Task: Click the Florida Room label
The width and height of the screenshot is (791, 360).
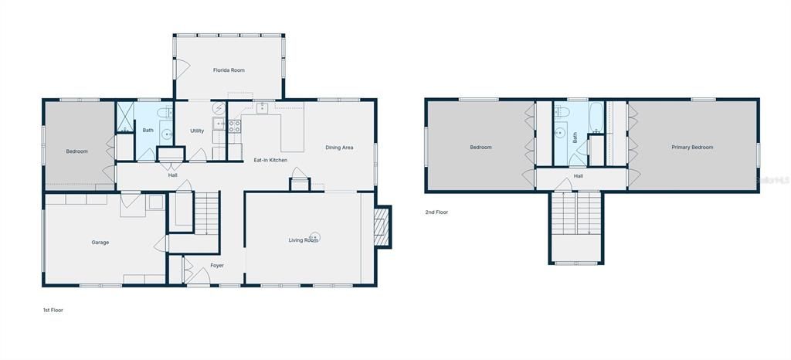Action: pyautogui.click(x=229, y=70)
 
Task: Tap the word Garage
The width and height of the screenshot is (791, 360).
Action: pyautogui.click(x=100, y=243)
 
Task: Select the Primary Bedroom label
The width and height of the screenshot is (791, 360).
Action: pyautogui.click(x=691, y=147)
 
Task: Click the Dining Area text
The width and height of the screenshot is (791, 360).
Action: pyautogui.click(x=339, y=148)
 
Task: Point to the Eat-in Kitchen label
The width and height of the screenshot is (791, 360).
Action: pyautogui.click(x=270, y=160)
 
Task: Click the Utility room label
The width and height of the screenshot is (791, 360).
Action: pyautogui.click(x=197, y=131)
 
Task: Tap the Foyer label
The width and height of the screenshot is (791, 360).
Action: pyautogui.click(x=217, y=266)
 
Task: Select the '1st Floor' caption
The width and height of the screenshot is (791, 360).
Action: pyautogui.click(x=53, y=310)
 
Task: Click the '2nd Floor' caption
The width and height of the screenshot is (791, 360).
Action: pyautogui.click(x=436, y=212)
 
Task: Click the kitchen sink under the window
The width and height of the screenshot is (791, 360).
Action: pyautogui.click(x=263, y=108)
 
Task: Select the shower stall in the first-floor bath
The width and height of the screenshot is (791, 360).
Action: pyautogui.click(x=124, y=117)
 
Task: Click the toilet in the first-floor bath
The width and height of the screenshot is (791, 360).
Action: pyautogui.click(x=165, y=114)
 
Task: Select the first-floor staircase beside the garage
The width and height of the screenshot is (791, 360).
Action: pyautogui.click(x=206, y=214)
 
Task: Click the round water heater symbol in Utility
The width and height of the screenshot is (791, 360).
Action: pyautogui.click(x=219, y=109)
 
